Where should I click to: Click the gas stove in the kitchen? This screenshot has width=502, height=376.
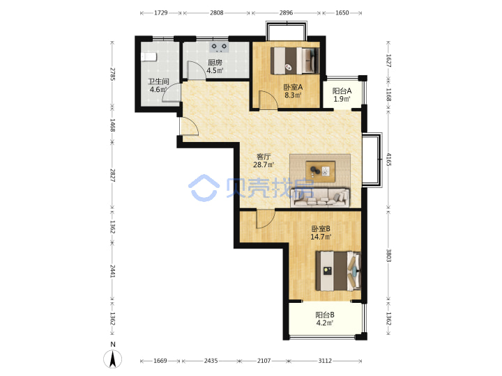(219, 47)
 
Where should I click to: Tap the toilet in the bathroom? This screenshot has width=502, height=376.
(149, 57)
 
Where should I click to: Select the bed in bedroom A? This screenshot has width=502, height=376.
(295, 61)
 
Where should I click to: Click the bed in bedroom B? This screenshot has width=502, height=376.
(338, 271)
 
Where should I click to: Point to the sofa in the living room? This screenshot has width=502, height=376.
(320, 197)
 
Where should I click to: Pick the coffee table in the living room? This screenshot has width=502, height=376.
(321, 171)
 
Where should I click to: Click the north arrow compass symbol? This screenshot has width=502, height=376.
(113, 359)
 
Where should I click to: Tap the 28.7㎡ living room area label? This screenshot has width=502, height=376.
(264, 165)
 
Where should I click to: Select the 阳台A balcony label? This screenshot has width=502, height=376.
(342, 91)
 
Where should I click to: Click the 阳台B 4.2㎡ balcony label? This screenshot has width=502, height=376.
(325, 319)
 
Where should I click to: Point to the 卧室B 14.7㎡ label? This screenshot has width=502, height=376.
(321, 233)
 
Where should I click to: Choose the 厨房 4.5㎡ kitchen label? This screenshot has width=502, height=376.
(215, 66)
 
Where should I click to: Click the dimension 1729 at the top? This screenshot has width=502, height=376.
(161, 13)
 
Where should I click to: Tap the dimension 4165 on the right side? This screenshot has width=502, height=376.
(388, 159)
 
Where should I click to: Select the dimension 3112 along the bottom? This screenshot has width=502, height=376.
(325, 361)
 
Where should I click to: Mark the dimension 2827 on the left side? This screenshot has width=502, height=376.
(112, 175)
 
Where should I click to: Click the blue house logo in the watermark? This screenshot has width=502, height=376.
(204, 188)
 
